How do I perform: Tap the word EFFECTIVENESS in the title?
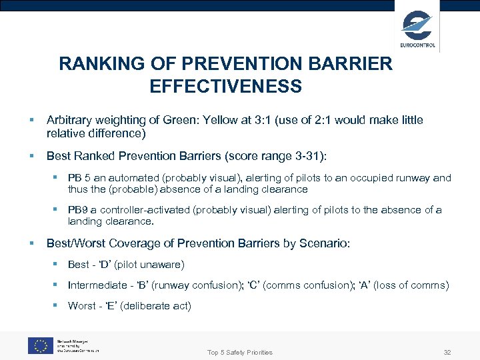click(225, 87)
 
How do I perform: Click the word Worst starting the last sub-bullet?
click(81, 306)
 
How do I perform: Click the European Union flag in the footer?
click(40, 345)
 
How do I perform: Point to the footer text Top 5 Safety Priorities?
click(240, 352)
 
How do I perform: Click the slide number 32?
click(447, 352)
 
